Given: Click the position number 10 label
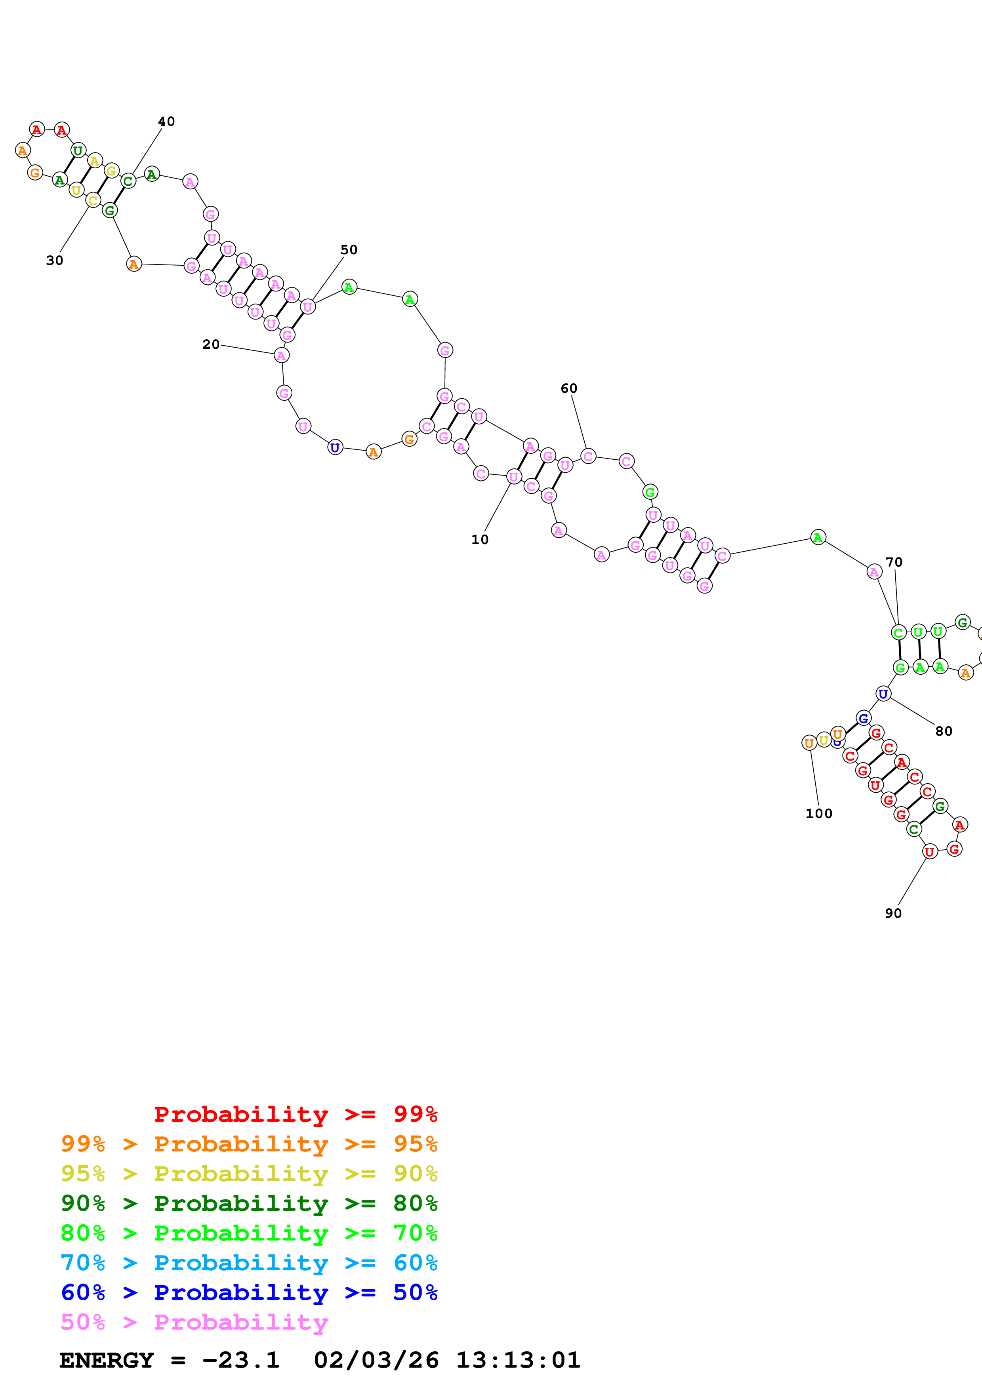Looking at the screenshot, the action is pyautogui.click(x=480, y=540).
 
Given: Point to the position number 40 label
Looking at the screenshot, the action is pyautogui.click(x=166, y=122).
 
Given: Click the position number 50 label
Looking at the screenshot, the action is pyautogui.click(x=349, y=250).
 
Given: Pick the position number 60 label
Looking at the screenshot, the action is pyautogui.click(x=569, y=388).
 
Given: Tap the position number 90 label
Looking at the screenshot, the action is pyautogui.click(x=893, y=913).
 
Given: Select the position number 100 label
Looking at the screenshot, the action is pyautogui.click(x=819, y=814).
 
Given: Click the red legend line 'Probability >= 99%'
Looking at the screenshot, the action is pyautogui.click(x=295, y=1114).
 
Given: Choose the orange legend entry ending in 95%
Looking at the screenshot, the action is pyautogui.click(x=249, y=1144).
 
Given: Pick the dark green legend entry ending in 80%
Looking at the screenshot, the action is pyautogui.click(x=249, y=1203).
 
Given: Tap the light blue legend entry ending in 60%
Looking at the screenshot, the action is pyautogui.click(x=249, y=1263).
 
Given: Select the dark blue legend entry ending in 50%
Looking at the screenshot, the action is pyautogui.click(x=249, y=1292).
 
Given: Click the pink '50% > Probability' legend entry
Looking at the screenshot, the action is pyautogui.click(x=194, y=1322).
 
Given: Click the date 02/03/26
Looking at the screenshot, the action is pyautogui.click(x=376, y=1360).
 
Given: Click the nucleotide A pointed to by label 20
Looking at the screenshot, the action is pyautogui.click(x=281, y=356).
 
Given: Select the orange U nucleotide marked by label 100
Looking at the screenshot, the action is pyautogui.click(x=809, y=743).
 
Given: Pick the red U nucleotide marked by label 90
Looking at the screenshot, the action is pyautogui.click(x=929, y=852).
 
